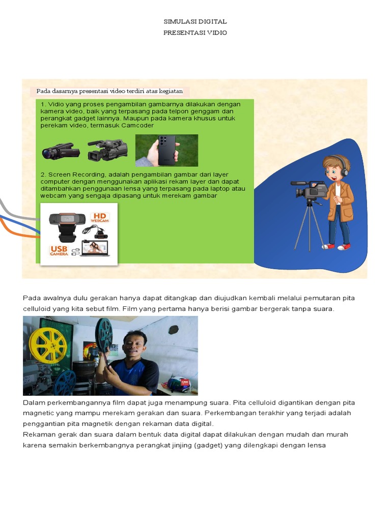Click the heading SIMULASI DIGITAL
pyautogui.click(x=195, y=22)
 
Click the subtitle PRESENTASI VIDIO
pyautogui.click(x=195, y=33)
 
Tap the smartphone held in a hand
pyautogui.click(x=166, y=150)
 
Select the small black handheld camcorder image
pyautogui.click(x=61, y=151)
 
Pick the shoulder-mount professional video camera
pyautogui.click(x=107, y=150)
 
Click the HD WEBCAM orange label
pyautogui.click(x=100, y=217)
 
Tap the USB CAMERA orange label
pyautogui.click(x=59, y=250)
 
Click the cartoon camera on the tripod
pyautogui.click(x=310, y=190)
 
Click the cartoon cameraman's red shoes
pyautogui.click(x=337, y=247)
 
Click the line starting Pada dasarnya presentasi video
pyautogui.click(x=109, y=92)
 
